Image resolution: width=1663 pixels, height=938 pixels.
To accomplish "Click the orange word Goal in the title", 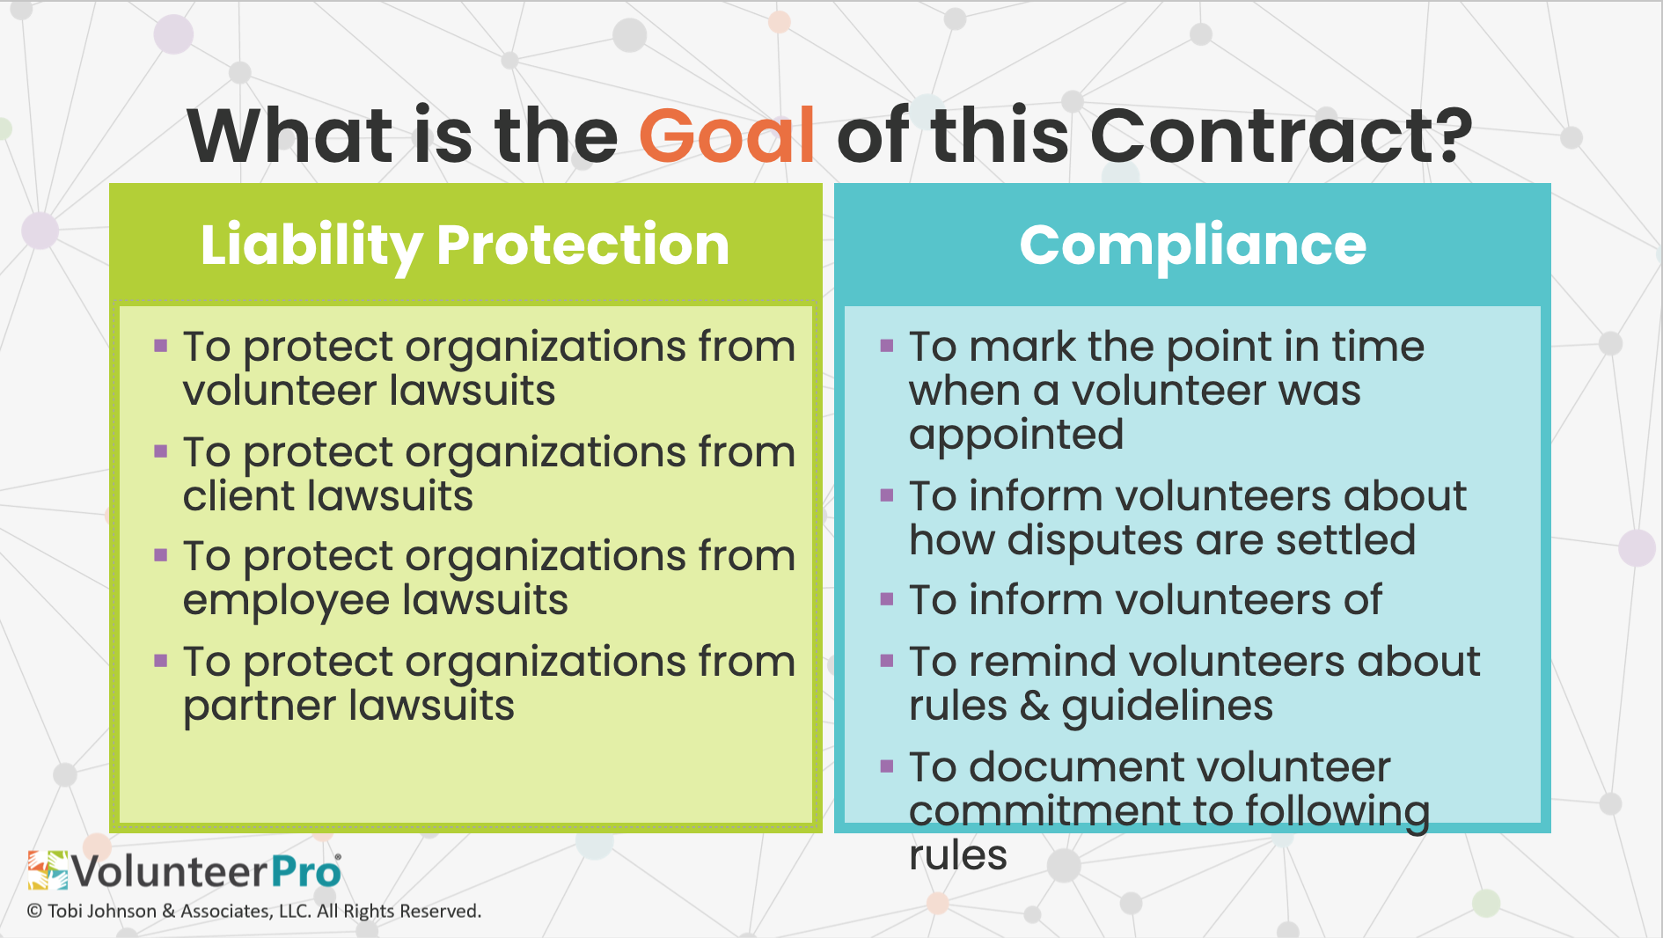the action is pos(727,136).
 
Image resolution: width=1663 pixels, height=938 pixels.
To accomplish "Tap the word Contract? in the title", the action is pos(1281,136).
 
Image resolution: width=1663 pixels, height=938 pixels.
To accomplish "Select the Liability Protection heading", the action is pos(465,245).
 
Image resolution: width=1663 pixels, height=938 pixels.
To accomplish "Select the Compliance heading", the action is pos(1192,245).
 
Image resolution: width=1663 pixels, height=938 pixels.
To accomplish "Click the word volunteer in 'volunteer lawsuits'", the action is pos(281,390).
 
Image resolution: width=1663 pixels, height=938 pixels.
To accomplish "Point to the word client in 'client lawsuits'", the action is pos(237,495).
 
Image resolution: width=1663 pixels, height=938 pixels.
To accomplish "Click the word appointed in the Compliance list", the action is pos(1016,436).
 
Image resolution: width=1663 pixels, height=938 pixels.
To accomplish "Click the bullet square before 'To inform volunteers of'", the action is pos(887,599).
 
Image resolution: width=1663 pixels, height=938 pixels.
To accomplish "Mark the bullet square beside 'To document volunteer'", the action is pos(887,766).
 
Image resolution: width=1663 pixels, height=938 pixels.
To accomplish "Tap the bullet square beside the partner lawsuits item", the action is pos(160,661).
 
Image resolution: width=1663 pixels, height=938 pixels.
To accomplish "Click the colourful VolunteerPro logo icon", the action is pos(48,870).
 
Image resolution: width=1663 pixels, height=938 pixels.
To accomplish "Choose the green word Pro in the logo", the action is pos(305,872).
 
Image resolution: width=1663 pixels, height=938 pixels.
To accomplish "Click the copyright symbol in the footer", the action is pos(34,912).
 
